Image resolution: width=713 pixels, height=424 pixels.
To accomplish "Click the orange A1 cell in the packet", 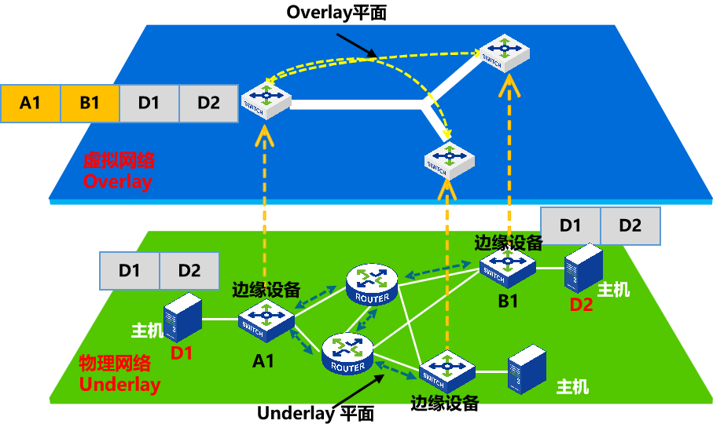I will click(30, 104).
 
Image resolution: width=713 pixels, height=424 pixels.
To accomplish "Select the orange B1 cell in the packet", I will click(90, 104).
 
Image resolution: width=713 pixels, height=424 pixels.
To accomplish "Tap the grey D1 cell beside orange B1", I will click(149, 104).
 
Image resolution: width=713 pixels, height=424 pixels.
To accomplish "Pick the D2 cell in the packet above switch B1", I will click(630, 226).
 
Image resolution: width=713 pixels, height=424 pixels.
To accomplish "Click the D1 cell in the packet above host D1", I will click(129, 271).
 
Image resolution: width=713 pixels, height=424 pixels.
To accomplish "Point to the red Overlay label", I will click(117, 181).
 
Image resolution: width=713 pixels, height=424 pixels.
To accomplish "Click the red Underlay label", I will click(119, 385).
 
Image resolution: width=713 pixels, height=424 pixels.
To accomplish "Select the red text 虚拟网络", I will click(119, 161).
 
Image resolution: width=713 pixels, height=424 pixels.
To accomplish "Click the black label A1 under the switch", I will click(263, 360).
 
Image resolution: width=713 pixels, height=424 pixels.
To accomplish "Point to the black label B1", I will click(509, 302).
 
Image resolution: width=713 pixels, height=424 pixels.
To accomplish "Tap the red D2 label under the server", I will click(581, 305).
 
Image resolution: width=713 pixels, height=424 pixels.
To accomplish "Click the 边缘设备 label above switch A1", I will click(266, 290).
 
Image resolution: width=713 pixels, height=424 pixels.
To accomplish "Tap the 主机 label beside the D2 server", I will click(614, 290).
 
